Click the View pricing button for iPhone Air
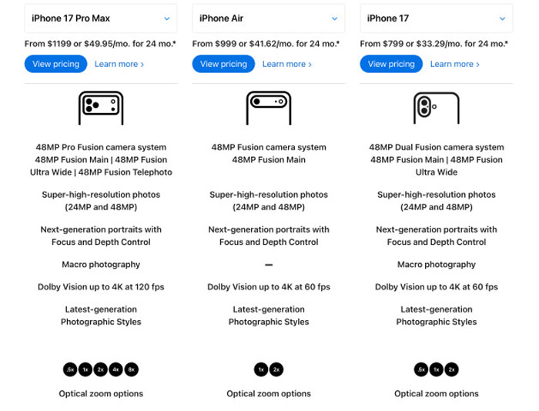pyautogui.click(x=223, y=64)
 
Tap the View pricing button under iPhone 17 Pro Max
pyautogui.click(x=55, y=64)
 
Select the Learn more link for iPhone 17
pyautogui.click(x=455, y=64)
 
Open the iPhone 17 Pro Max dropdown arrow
pyautogui.click(x=167, y=18)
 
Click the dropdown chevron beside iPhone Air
pyautogui.click(x=334, y=18)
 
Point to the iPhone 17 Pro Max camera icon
pyautogui.click(x=101, y=108)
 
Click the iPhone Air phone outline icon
pyautogui.click(x=269, y=108)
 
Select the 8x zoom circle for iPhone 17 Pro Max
pyautogui.click(x=132, y=369)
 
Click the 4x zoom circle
pyautogui.click(x=115, y=369)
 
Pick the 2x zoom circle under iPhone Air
pyautogui.click(x=276, y=369)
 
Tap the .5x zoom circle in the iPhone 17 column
pyautogui.click(x=421, y=369)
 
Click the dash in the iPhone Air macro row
pyautogui.click(x=269, y=265)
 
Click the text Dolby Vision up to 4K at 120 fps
pyautogui.click(x=101, y=287)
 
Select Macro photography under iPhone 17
pyautogui.click(x=437, y=265)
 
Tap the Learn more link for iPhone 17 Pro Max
pyautogui.click(x=119, y=64)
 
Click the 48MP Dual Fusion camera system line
pyautogui.click(x=437, y=148)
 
